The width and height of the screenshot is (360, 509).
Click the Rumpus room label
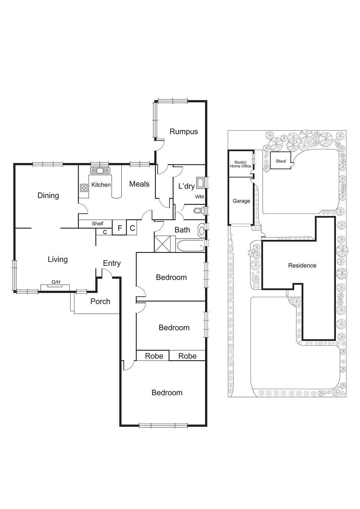point(183,131)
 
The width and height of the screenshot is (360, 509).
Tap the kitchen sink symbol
point(100,171)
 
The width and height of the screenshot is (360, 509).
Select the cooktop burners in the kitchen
point(84,188)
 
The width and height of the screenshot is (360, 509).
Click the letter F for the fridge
point(120,228)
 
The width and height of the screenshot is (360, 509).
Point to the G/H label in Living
point(56,282)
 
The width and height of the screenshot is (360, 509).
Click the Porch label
point(100,301)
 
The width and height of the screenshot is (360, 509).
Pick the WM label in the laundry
point(199,197)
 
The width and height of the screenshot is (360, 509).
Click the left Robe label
point(154,356)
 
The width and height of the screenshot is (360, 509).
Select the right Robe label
point(187,356)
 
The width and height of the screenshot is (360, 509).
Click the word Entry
point(112,263)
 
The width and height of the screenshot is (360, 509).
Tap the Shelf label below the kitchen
point(97,224)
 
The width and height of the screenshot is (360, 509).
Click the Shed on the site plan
point(280,161)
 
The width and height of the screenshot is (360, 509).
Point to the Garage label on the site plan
point(241,201)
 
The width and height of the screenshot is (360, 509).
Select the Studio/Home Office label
point(240,164)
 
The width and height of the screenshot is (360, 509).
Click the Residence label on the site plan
point(302,265)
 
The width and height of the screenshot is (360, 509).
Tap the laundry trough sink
point(200,183)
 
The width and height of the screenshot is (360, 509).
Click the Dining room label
point(48,195)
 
